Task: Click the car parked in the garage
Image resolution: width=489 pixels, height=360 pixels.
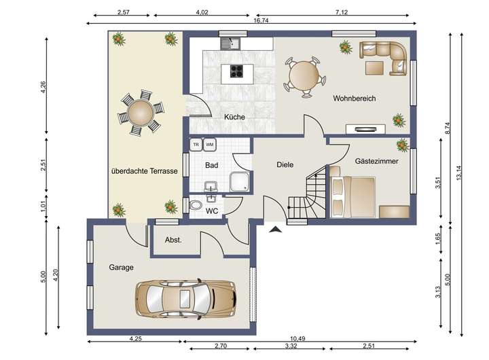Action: (x=186, y=298)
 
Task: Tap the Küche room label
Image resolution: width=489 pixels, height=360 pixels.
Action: (x=234, y=117)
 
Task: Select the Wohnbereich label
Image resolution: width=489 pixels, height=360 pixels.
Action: (x=355, y=98)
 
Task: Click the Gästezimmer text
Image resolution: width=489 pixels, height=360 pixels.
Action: (x=376, y=161)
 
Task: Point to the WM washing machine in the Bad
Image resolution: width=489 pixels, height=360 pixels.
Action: (x=210, y=145)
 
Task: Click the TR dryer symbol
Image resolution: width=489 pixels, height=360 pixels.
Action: (x=196, y=145)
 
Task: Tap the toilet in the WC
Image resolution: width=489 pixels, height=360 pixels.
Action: (x=196, y=205)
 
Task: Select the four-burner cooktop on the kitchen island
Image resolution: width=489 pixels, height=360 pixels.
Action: (x=237, y=71)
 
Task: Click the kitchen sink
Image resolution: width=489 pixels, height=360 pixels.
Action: (x=230, y=43)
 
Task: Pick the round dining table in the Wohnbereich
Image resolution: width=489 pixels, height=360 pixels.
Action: (x=304, y=76)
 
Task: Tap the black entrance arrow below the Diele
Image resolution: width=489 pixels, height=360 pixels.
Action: (x=275, y=230)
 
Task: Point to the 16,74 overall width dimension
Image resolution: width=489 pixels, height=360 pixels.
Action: (x=261, y=20)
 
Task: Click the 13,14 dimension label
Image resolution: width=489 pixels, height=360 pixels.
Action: (x=458, y=173)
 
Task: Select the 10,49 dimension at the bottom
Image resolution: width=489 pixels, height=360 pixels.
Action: (x=297, y=338)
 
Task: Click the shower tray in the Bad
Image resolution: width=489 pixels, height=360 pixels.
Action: (x=240, y=181)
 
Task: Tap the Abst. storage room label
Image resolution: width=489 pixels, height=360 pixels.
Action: (x=173, y=240)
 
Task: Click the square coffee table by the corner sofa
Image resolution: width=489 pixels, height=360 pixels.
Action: (x=374, y=68)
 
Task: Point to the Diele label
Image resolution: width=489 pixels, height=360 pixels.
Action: (x=285, y=164)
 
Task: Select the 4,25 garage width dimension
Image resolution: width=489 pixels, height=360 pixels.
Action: (x=135, y=338)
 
